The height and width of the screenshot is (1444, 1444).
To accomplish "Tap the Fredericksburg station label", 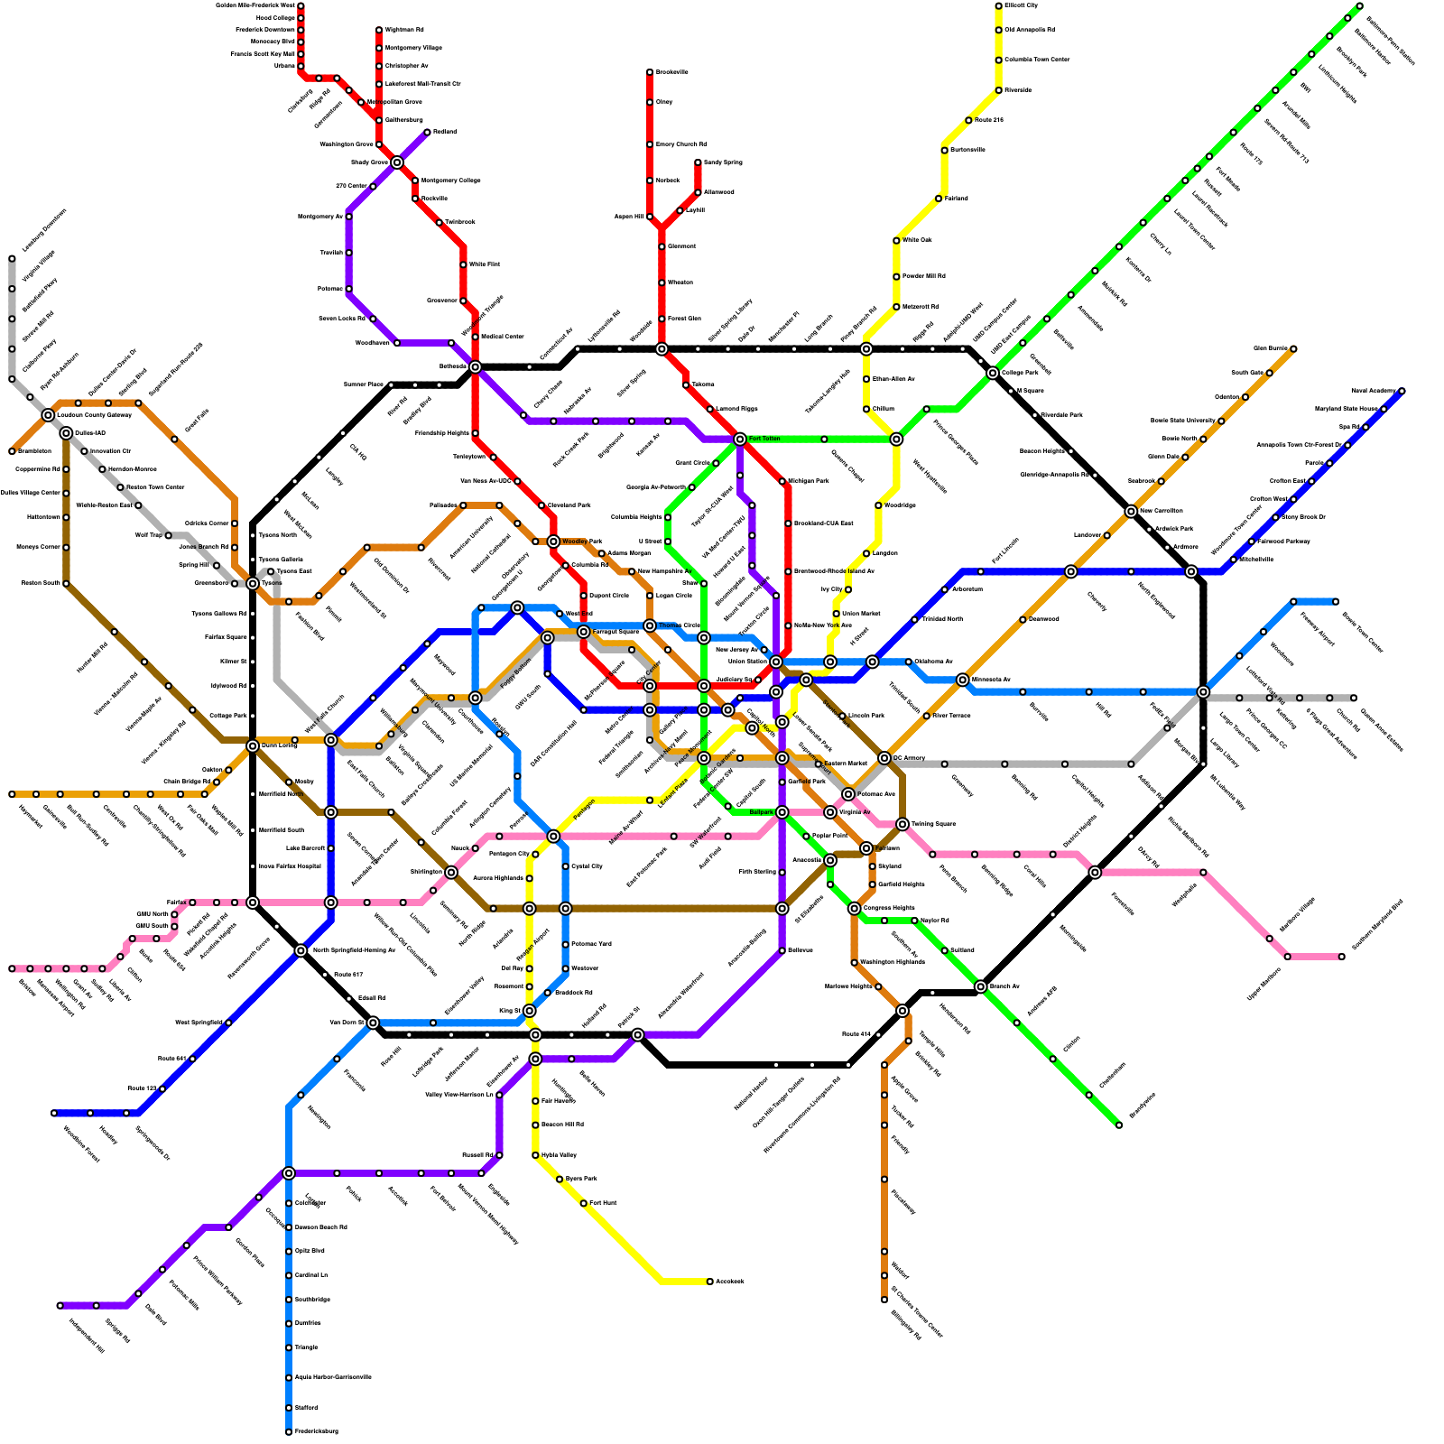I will pos(316,1431).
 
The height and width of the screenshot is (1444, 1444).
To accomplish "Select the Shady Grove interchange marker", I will pos(397,162).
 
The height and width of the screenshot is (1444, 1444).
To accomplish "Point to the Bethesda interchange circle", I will pos(476,366).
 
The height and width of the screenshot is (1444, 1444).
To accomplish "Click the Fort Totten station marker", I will pos(740,440).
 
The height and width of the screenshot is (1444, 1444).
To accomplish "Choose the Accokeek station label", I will pos(729,1282).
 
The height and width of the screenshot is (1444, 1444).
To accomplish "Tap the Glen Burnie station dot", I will pos(1293,348).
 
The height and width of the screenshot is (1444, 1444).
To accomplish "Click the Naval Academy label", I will pos(1373,391).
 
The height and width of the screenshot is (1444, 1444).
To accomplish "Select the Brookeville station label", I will pos(671,72).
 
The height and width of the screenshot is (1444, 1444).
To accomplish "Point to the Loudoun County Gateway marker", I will pos(48,415).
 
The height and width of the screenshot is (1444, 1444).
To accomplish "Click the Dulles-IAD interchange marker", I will pos(66,433).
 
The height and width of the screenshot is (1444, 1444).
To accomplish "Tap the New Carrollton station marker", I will pos(1131,512).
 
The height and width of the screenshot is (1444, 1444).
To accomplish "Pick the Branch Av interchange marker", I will pos(981,986).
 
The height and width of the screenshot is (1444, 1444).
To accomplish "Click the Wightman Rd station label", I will pos(404,30).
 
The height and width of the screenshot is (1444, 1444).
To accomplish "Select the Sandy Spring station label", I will pos(723,162).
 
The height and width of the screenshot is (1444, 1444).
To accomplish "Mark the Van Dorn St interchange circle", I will pos(373,1023).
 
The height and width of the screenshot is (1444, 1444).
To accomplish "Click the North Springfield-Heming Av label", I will pos(354,950).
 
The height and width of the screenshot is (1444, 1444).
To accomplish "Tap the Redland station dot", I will pos(427,133).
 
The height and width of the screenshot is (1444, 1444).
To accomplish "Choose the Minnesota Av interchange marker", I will pos(963,680).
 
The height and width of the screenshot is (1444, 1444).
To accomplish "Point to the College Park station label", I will pos(1020,373).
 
